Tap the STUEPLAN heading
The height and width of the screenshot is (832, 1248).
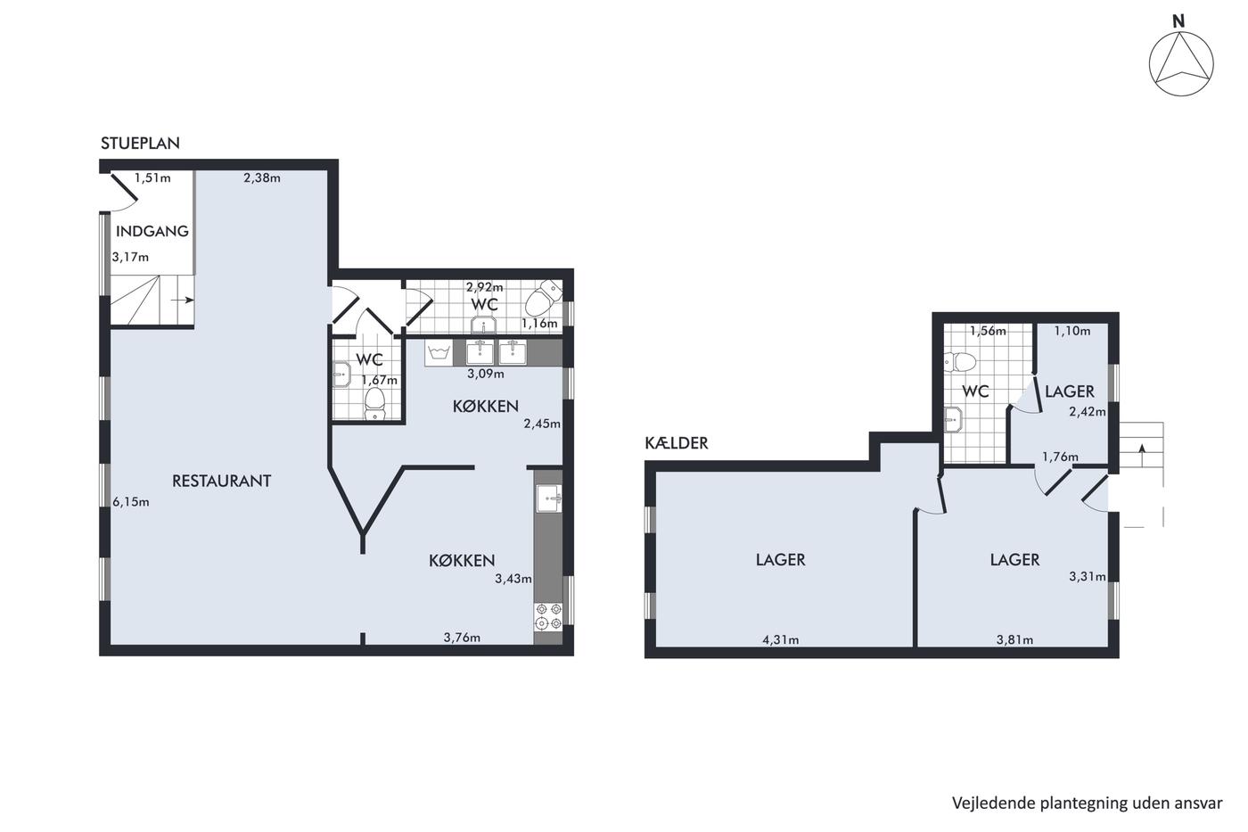pyautogui.click(x=141, y=144)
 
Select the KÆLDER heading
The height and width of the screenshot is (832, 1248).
pyautogui.click(x=677, y=443)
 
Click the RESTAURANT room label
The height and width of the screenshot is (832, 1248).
pyautogui.click(x=222, y=481)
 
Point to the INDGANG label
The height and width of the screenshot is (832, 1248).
pyautogui.click(x=152, y=231)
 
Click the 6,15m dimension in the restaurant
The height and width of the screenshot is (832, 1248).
pyautogui.click(x=131, y=502)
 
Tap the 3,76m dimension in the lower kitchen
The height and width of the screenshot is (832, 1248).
pyautogui.click(x=462, y=638)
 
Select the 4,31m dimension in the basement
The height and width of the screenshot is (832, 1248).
pyautogui.click(x=781, y=639)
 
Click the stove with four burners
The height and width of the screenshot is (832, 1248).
pyautogui.click(x=548, y=616)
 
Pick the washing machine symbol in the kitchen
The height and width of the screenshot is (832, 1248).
pyautogui.click(x=439, y=353)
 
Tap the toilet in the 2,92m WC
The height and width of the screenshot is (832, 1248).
pyautogui.click(x=544, y=298)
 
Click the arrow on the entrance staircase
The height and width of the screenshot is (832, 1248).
pyautogui.click(x=183, y=301)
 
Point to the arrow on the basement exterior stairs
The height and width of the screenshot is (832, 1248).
pyautogui.click(x=1142, y=456)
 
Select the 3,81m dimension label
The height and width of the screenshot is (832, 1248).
pyautogui.click(x=1014, y=639)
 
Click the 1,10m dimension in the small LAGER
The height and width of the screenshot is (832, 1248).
pyautogui.click(x=1072, y=331)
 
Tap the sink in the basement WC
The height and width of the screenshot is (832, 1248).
pyautogui.click(x=953, y=420)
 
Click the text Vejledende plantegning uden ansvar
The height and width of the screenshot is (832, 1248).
pyautogui.click(x=1087, y=803)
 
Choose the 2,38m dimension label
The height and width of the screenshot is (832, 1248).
pyautogui.click(x=262, y=177)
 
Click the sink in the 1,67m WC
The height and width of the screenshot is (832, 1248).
pyautogui.click(x=341, y=374)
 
